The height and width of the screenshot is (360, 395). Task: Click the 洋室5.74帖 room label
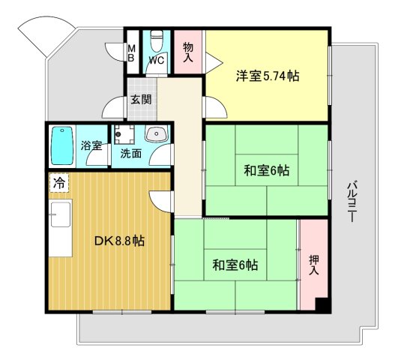pos(268,75)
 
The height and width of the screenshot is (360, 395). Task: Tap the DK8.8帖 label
pos(119,241)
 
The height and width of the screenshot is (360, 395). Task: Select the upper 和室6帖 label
pos(266,171)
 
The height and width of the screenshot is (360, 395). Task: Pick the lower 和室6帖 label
pos(235,265)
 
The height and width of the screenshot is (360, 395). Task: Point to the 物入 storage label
pos(188,52)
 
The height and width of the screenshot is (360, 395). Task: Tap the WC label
pos(156,60)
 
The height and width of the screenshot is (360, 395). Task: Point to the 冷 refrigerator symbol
pos(58,182)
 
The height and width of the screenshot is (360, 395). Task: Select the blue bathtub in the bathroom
pos(61,146)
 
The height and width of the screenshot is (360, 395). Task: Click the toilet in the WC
pos(156,39)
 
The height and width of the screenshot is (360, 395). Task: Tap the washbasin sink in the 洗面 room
pos(157,136)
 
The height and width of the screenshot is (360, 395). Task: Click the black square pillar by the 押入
pos(322,304)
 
